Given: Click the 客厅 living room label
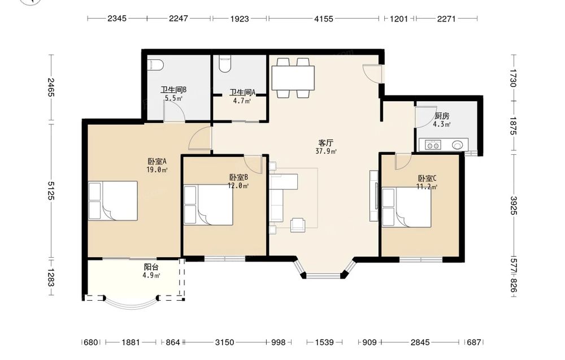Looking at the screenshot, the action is [325, 143].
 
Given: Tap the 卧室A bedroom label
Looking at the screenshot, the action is [157, 161].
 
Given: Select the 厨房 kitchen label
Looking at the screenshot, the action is [442, 116].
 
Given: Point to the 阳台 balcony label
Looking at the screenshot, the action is [151, 267].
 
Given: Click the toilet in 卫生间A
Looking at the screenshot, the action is [225, 63].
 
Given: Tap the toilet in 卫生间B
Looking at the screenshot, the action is [156, 65].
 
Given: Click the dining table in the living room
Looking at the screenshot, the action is [293, 78].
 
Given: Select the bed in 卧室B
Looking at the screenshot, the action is [208, 205].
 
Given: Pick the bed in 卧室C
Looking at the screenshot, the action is [406, 207].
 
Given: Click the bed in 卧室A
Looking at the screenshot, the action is [113, 201].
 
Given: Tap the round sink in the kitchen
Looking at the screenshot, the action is [457, 145].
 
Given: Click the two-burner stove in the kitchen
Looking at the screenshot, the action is [433, 145].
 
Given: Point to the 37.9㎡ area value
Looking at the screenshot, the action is [326, 151].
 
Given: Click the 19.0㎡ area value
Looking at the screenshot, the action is [157, 170].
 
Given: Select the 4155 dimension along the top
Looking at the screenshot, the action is [324, 19].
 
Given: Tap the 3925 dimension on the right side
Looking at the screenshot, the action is [514, 206].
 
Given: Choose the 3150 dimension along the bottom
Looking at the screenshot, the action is [224, 342].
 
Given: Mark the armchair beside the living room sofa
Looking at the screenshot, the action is [298, 224].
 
